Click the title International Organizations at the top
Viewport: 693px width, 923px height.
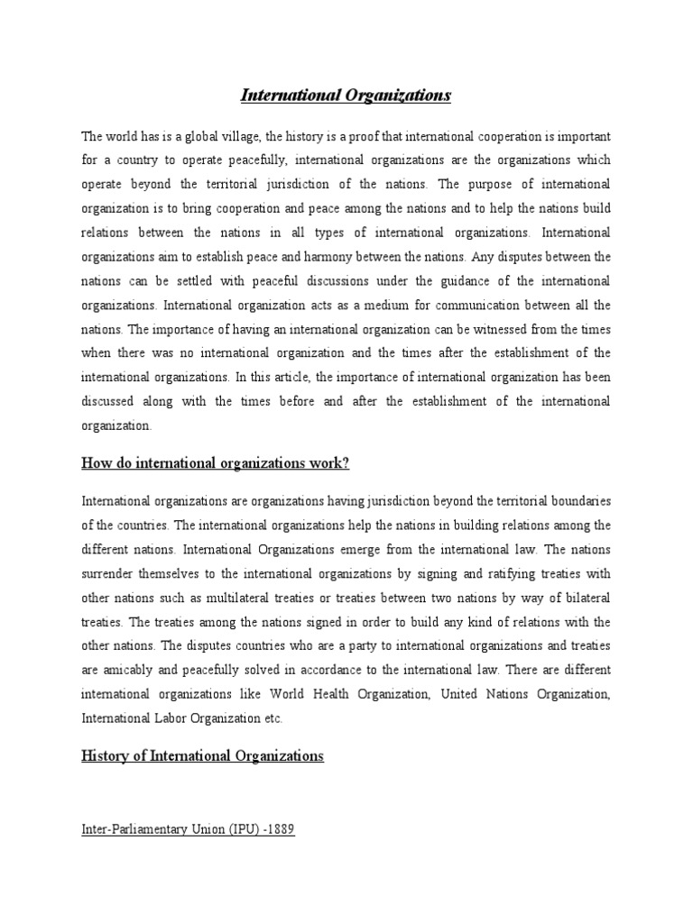[x=346, y=95]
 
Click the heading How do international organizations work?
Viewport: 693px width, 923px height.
[x=215, y=463]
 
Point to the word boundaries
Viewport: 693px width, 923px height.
[x=580, y=500]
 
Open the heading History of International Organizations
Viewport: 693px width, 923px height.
[x=202, y=756]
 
